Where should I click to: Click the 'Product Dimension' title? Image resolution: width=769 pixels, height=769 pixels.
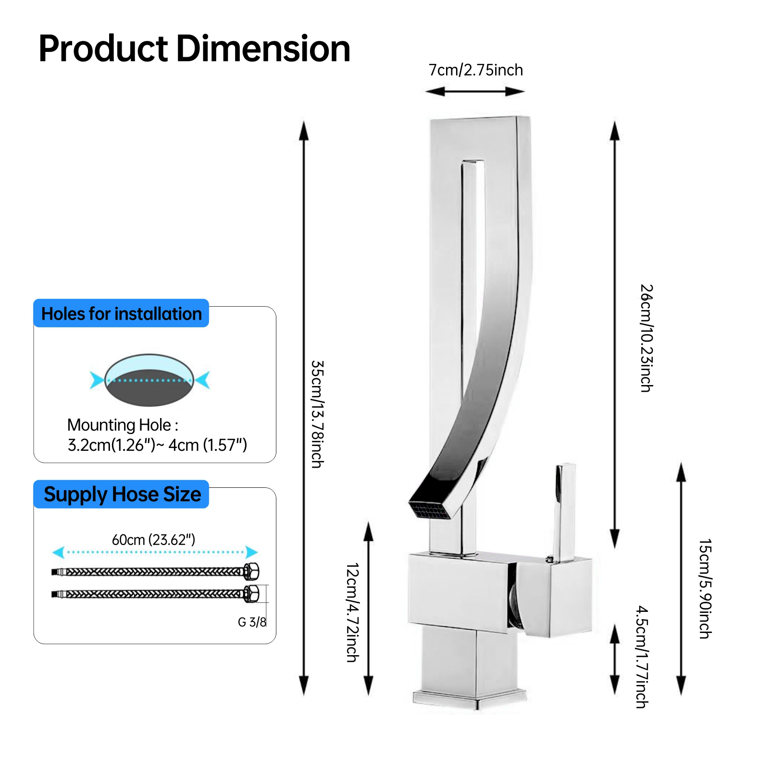pyautogui.click(x=194, y=49)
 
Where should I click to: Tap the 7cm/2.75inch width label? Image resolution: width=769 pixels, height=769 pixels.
pyautogui.click(x=475, y=70)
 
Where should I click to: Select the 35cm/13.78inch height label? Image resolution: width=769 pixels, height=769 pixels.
pyautogui.click(x=317, y=414)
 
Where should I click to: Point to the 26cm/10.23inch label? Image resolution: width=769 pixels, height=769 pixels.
pyautogui.click(x=646, y=338)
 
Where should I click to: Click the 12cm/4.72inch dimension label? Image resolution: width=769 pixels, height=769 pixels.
pyautogui.click(x=352, y=612)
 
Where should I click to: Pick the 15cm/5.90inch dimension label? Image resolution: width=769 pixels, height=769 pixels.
pyautogui.click(x=705, y=588)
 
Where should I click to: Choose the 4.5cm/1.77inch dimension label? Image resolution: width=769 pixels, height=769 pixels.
pyautogui.click(x=642, y=657)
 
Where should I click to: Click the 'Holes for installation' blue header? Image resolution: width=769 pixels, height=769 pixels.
pyautogui.click(x=121, y=313)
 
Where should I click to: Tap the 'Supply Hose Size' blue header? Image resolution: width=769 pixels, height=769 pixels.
pyautogui.click(x=122, y=494)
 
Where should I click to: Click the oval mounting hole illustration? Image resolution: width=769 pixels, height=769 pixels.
pyautogui.click(x=149, y=380)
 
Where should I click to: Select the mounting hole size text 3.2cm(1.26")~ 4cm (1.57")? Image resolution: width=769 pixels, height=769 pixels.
pyautogui.click(x=157, y=445)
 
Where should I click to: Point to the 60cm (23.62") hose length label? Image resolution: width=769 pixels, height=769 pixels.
pyautogui.click(x=154, y=540)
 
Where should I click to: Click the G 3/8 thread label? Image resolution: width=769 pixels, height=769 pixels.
pyautogui.click(x=252, y=622)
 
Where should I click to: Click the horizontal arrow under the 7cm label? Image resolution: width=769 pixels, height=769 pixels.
pyautogui.click(x=475, y=91)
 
